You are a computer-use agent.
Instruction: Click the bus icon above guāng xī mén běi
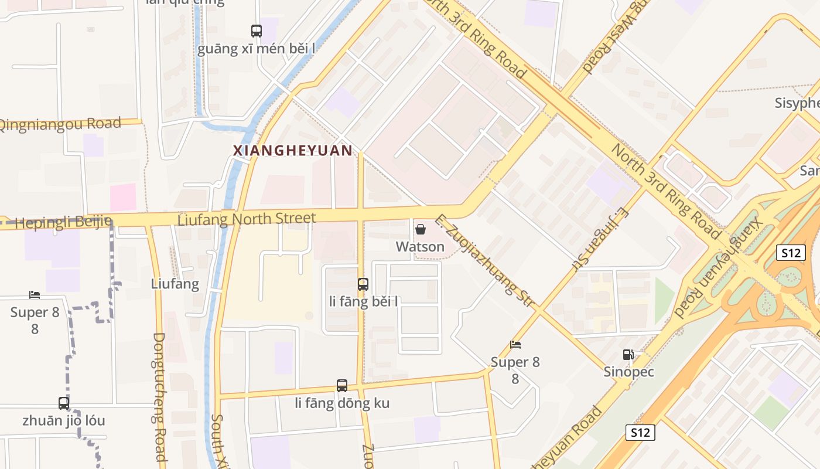[257, 30]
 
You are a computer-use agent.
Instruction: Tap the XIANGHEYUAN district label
[293, 151]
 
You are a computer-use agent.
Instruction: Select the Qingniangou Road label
[60, 124]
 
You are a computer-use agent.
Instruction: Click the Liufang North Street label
[247, 219]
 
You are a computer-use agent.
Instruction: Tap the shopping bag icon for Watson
[420, 229]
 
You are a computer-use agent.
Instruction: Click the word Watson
[420, 247]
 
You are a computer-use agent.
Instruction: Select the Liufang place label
[175, 284]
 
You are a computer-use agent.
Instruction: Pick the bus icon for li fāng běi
[363, 284]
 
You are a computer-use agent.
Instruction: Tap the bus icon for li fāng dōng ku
[342, 386]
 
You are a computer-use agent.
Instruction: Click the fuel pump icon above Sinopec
[628, 355]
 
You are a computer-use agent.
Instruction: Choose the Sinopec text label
[628, 372]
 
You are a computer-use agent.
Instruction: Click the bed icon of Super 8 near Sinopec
[515, 345]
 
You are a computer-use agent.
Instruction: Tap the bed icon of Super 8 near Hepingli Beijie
[35, 295]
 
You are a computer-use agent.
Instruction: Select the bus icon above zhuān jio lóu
[64, 403]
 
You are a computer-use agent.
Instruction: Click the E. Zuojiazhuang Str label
[486, 261]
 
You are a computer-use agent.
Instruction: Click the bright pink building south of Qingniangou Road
[123, 197]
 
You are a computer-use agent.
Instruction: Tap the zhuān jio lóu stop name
[64, 421]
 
